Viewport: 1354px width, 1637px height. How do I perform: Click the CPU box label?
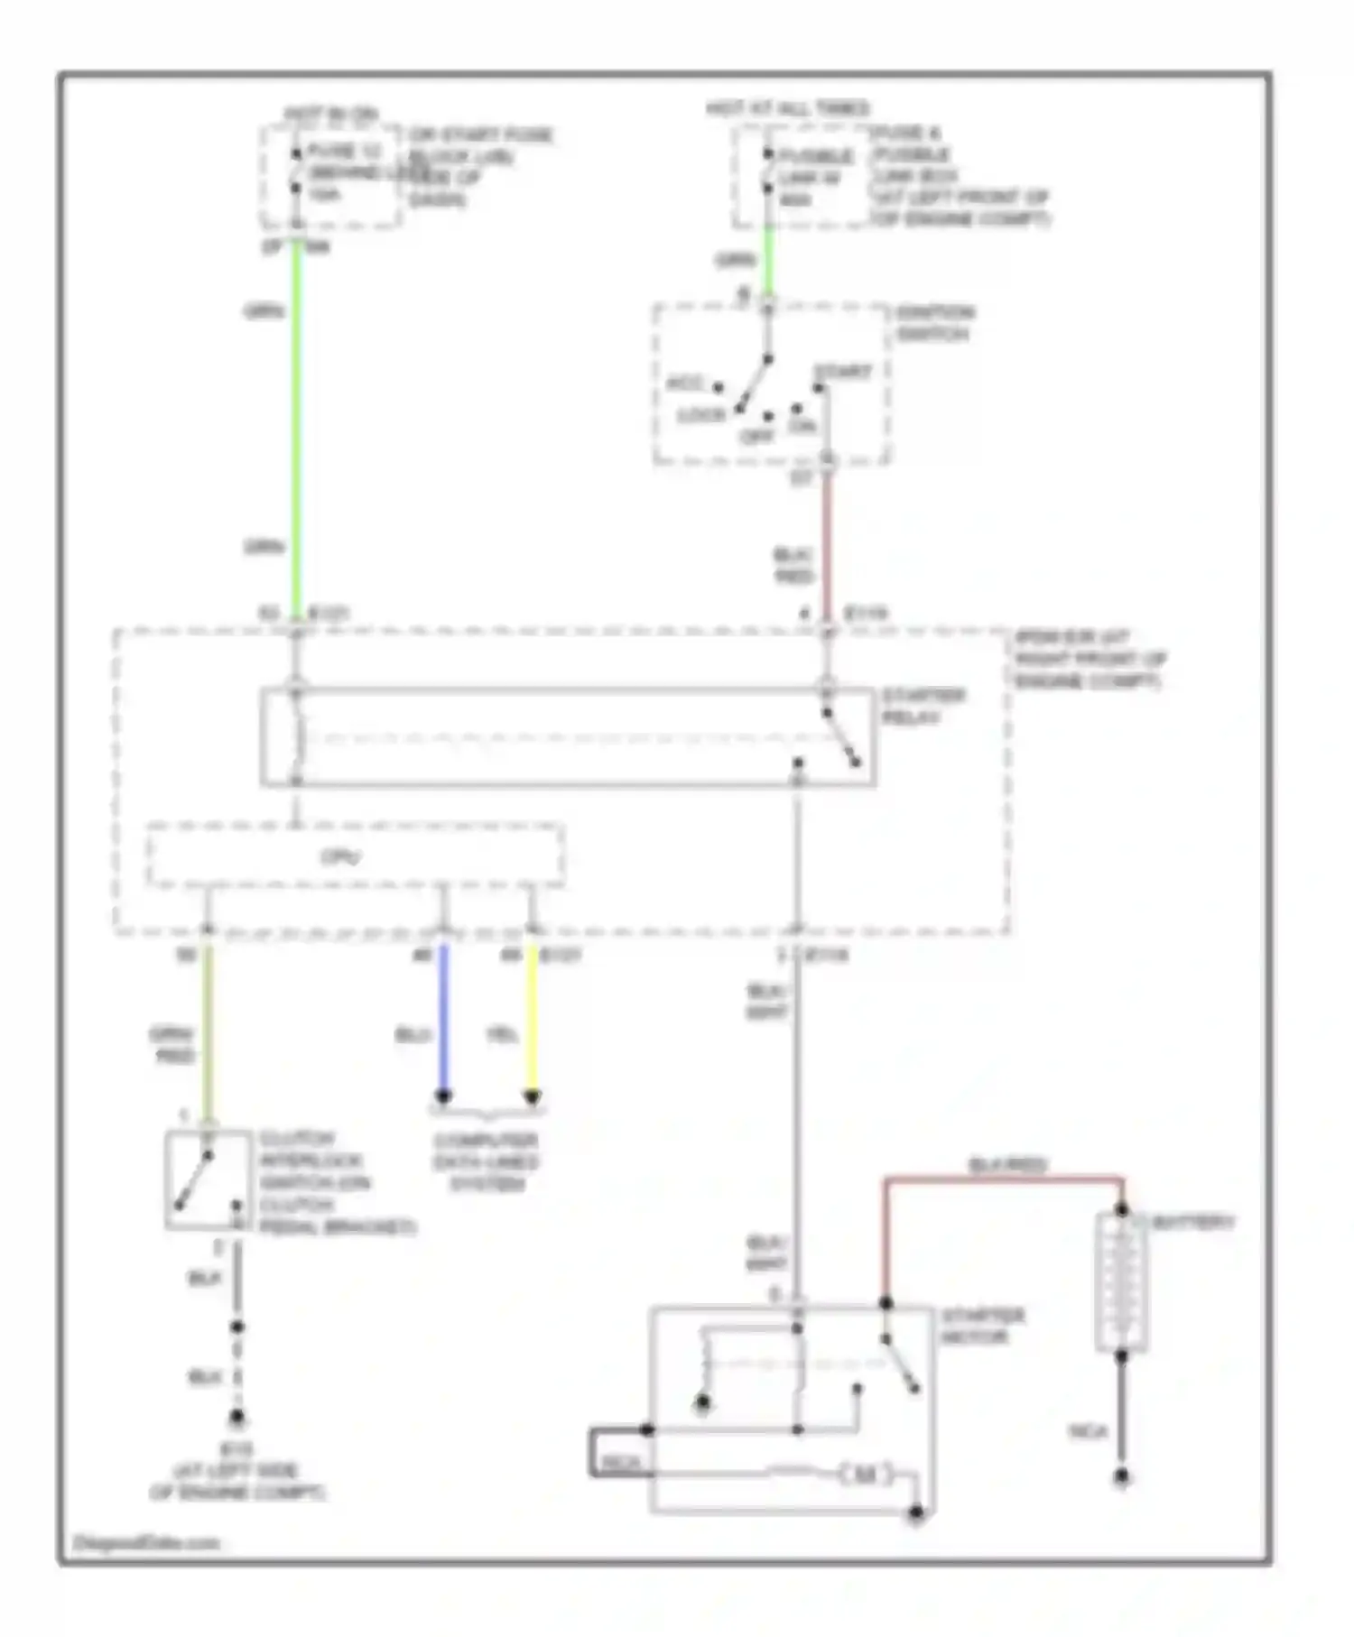pos(341,856)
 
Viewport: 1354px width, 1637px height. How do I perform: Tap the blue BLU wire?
pos(443,1020)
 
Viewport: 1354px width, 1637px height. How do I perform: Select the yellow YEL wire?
pos(533,1020)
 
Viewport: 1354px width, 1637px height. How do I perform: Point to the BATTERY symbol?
pos(1121,1281)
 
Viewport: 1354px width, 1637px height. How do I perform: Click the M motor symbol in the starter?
pos(865,1475)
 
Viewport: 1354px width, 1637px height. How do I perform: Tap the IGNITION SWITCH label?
pos(935,323)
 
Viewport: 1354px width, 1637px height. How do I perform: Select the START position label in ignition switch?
pos(842,373)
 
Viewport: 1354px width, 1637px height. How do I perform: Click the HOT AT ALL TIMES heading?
pos(787,109)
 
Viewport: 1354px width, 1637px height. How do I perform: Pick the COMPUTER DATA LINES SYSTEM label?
pos(486,1162)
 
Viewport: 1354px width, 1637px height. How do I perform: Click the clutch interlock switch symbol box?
pos(209,1179)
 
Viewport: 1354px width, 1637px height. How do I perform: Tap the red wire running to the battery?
pos(1002,1179)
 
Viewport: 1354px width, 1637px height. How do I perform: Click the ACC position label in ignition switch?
pos(684,384)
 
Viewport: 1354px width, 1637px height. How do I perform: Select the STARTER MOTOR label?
pos(981,1326)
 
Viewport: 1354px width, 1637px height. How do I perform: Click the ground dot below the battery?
pos(1121,1477)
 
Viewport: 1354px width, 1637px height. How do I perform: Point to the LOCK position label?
pos(701,416)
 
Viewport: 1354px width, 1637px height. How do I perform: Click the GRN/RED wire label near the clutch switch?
pos(172,1045)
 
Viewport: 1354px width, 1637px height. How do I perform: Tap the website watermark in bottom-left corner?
pos(145,1542)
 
